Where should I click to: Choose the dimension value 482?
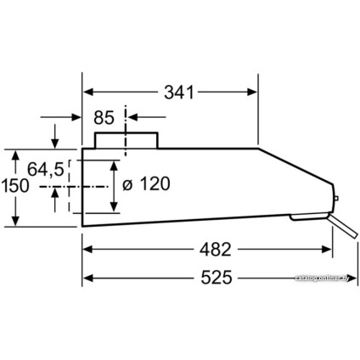209,250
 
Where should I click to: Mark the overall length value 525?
220,278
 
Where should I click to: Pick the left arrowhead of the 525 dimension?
87,278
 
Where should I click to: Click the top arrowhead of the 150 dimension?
15,155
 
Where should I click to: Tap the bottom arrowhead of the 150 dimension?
15,222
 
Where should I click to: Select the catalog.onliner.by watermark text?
322,278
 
